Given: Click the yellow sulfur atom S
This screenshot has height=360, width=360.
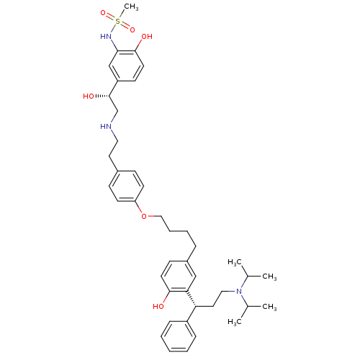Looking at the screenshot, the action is pos(118,22).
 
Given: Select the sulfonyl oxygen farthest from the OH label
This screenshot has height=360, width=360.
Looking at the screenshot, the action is pos(104,13).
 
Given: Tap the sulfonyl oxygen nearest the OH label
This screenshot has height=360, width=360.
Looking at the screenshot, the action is pos(132,30).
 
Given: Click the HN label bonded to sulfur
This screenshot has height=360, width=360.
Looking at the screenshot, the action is pos(107,36).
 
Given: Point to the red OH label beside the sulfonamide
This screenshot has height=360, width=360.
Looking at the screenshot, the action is pos(147,36).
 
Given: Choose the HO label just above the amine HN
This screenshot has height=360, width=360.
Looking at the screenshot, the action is pos(89,96).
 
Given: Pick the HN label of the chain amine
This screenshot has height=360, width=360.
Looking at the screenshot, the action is pos(107,127).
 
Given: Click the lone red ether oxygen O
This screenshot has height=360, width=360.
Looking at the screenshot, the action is pos(143,216).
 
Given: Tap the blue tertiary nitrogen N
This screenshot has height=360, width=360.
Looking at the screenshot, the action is pos(240,290).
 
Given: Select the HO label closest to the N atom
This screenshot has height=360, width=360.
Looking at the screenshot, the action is pos(158,307).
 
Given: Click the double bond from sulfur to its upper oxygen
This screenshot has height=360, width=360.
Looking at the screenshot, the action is pos(111,17).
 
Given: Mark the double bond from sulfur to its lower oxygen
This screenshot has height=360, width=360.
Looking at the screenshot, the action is pos(125,26).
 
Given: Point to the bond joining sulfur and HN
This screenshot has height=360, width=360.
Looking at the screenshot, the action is pos(114,29).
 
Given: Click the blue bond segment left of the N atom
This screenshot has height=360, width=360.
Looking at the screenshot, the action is pos(232,290).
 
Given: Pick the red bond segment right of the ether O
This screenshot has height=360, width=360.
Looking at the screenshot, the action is pos(151,216).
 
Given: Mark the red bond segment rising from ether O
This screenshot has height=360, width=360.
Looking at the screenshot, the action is pos(140,210).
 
